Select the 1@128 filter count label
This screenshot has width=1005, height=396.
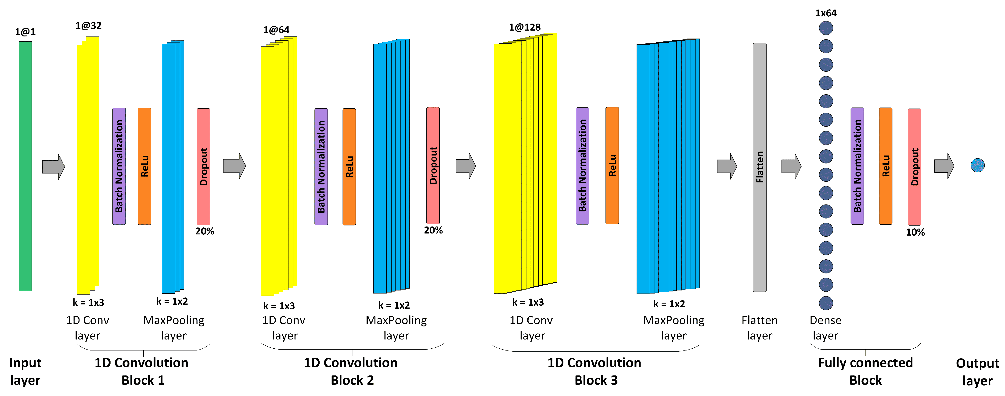[x=525, y=27]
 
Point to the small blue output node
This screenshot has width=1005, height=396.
[x=977, y=165]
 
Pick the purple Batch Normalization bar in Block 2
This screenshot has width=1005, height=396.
[x=321, y=167]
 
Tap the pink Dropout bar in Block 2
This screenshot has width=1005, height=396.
[x=433, y=165]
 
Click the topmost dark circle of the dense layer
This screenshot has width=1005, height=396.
[x=826, y=28]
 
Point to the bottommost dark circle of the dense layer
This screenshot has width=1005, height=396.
[x=826, y=303]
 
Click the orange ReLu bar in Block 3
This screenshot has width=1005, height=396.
[x=612, y=165]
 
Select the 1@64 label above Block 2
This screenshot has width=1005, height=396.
[x=276, y=30]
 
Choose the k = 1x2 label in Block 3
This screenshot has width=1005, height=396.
[x=669, y=304]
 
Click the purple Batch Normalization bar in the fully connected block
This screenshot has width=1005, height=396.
[x=857, y=166]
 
